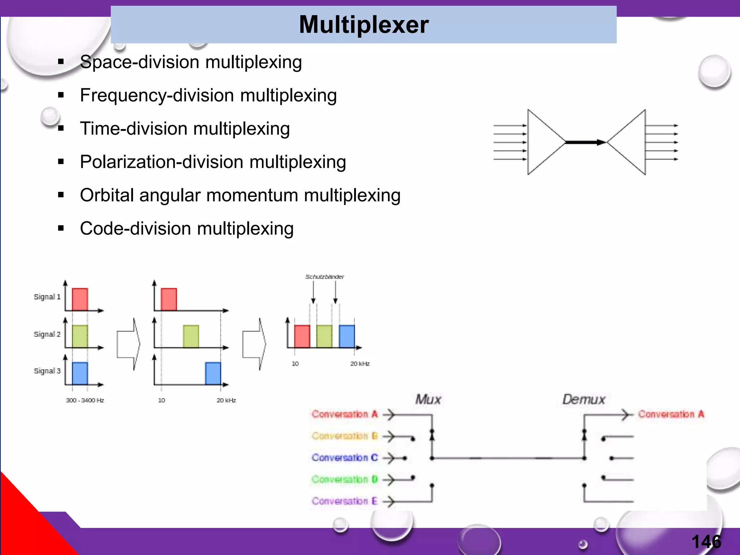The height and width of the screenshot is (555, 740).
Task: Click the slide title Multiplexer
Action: point(363,25)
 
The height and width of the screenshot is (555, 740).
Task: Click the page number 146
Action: point(706,541)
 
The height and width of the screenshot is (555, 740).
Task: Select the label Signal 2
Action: point(47,334)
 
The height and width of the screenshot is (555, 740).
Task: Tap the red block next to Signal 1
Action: point(80,299)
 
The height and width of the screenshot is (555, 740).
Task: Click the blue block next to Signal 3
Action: point(80,373)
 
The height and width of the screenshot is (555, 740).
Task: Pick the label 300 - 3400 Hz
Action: point(85,400)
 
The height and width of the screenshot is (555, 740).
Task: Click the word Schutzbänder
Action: point(324,277)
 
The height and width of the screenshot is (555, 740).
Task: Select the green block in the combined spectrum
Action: point(324,336)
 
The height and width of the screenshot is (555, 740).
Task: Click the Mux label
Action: point(428,400)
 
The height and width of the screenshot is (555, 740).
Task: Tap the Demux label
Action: point(584,400)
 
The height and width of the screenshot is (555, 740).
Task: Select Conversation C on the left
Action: point(344,458)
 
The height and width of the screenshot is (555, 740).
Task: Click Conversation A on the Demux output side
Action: point(671,414)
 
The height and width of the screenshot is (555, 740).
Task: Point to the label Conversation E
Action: point(344,501)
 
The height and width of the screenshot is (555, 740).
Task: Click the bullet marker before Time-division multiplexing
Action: point(61,128)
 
